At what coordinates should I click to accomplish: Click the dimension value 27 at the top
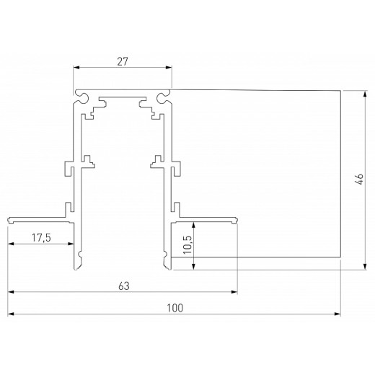coord(122,61)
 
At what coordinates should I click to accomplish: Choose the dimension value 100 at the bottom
coord(174,308)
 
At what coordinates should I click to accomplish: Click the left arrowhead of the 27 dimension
coord(76,69)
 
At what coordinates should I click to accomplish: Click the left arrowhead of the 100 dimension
coord(12,315)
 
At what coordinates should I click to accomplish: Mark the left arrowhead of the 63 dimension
coord(12,293)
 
